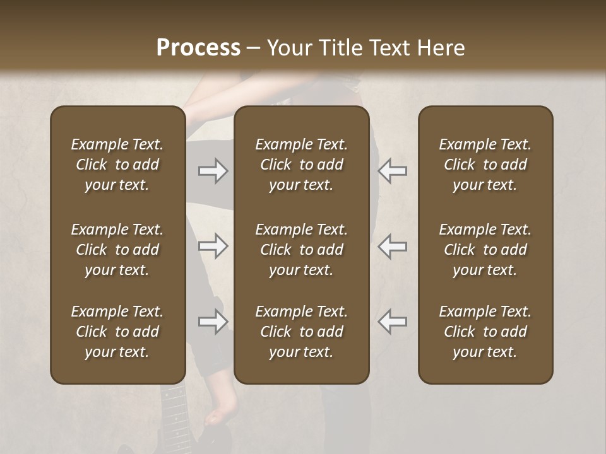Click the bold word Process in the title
(x=198, y=48)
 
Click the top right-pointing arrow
(x=213, y=171)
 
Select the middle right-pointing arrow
(x=213, y=246)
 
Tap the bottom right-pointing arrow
(x=213, y=322)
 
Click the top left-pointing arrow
(x=392, y=171)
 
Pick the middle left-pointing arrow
(x=392, y=246)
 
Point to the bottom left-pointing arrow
(x=392, y=322)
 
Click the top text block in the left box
(x=117, y=165)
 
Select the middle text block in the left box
(x=117, y=250)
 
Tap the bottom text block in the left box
(x=117, y=332)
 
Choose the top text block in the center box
(x=302, y=165)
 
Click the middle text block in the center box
(x=302, y=250)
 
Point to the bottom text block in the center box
(x=302, y=332)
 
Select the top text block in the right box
(x=485, y=165)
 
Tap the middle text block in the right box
(x=485, y=250)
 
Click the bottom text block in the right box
(x=485, y=332)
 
